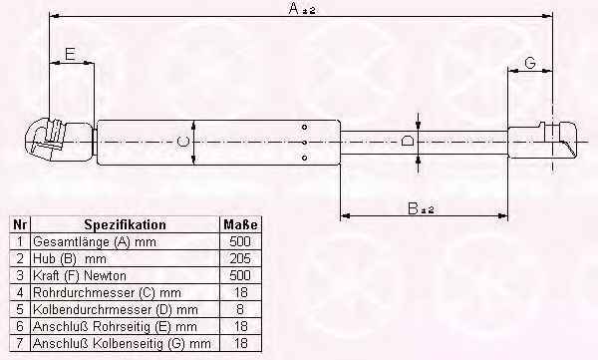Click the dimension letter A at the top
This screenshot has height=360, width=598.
(x=294, y=8)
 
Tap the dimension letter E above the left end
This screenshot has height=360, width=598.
(x=70, y=55)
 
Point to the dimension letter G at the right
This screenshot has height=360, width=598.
(x=530, y=63)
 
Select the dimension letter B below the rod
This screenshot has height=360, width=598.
(x=413, y=208)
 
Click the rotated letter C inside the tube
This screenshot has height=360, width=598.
(x=183, y=142)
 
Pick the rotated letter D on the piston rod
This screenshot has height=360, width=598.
(x=408, y=142)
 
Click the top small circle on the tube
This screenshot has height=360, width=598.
(x=304, y=127)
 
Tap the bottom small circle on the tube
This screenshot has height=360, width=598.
(x=304, y=158)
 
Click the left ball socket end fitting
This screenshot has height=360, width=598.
(x=59, y=141)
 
